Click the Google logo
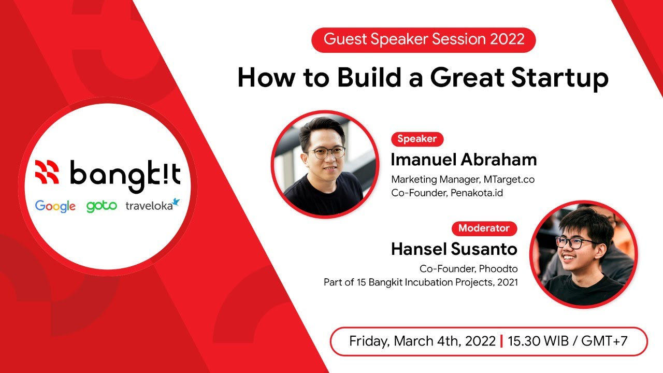[55, 206]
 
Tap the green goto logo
[102, 206]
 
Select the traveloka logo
[153, 205]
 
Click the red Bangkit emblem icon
[47, 172]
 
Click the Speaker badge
[417, 139]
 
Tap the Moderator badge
[484, 228]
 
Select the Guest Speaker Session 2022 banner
[424, 40]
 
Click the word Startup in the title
[560, 78]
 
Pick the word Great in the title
[467, 78]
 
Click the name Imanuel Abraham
[464, 160]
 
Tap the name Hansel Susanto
[454, 249]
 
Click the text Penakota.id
[477, 193]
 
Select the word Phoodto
[498, 269]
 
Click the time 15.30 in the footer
[524, 341]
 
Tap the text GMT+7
[604, 341]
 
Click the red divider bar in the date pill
[501, 341]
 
